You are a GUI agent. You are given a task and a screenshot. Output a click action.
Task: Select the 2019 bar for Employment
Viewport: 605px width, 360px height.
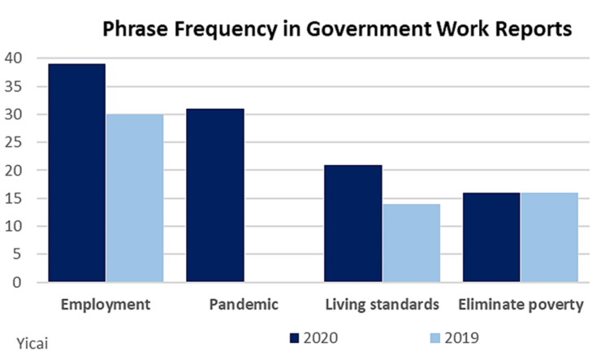134,198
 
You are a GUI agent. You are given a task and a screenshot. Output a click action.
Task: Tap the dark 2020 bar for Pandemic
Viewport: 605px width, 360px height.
215,195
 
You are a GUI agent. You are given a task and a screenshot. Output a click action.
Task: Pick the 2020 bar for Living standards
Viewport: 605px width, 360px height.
353,223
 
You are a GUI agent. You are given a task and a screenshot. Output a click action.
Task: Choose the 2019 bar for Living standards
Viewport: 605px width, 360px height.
411,243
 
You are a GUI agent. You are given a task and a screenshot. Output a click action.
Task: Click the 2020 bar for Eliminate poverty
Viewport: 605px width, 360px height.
491,237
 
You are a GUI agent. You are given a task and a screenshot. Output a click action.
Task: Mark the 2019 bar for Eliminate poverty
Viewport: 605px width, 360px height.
549,237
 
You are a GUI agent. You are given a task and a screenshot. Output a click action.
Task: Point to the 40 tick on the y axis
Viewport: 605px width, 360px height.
14,59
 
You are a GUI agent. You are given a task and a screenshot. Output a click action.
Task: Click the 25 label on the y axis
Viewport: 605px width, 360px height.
14,142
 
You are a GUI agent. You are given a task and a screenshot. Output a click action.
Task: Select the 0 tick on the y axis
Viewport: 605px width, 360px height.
18,283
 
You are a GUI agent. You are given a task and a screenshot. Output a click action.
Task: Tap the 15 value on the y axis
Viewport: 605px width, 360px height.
14,198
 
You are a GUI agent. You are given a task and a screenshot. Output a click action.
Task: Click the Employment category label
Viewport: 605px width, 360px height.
106,306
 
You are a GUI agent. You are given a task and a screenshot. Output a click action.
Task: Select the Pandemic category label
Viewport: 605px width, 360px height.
244,306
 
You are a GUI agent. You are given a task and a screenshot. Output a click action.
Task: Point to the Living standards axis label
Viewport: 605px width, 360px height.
382,306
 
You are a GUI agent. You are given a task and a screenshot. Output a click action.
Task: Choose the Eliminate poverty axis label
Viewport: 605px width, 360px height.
521,306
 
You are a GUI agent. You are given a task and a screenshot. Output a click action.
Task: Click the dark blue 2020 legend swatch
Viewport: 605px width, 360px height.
295,336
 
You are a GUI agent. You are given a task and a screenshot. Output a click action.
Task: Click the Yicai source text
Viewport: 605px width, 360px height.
32,342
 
